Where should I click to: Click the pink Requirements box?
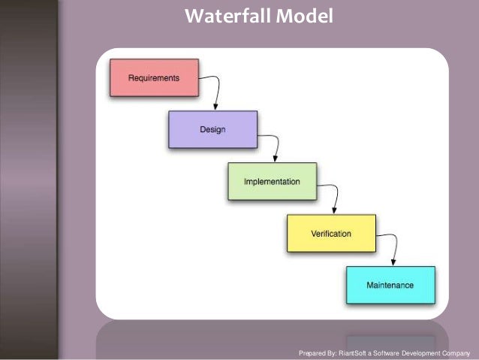154,78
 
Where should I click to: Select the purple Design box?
212,129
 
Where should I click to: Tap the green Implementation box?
272,181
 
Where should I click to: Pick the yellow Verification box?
330,234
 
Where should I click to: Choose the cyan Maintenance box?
390,285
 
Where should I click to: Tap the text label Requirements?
154,78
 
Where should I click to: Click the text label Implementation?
272,182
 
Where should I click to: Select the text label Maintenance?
390,286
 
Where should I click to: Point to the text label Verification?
330,234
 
